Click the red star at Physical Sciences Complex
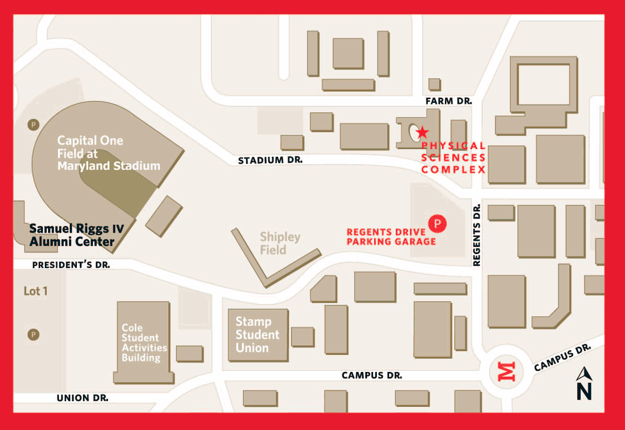423,132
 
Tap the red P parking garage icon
437,223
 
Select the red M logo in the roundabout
508,371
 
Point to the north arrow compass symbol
584,383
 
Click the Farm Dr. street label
448,101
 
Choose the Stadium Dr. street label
270,160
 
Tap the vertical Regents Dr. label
477,235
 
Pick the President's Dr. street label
71,265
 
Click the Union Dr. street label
82,398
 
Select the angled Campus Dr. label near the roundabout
562,358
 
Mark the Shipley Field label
280,243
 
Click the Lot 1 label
35,291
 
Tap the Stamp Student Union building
258,335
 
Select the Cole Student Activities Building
143,343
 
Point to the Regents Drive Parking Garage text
391,237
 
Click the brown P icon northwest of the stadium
33,125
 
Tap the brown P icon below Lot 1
33,335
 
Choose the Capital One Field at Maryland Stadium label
108,153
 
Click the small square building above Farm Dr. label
434,84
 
